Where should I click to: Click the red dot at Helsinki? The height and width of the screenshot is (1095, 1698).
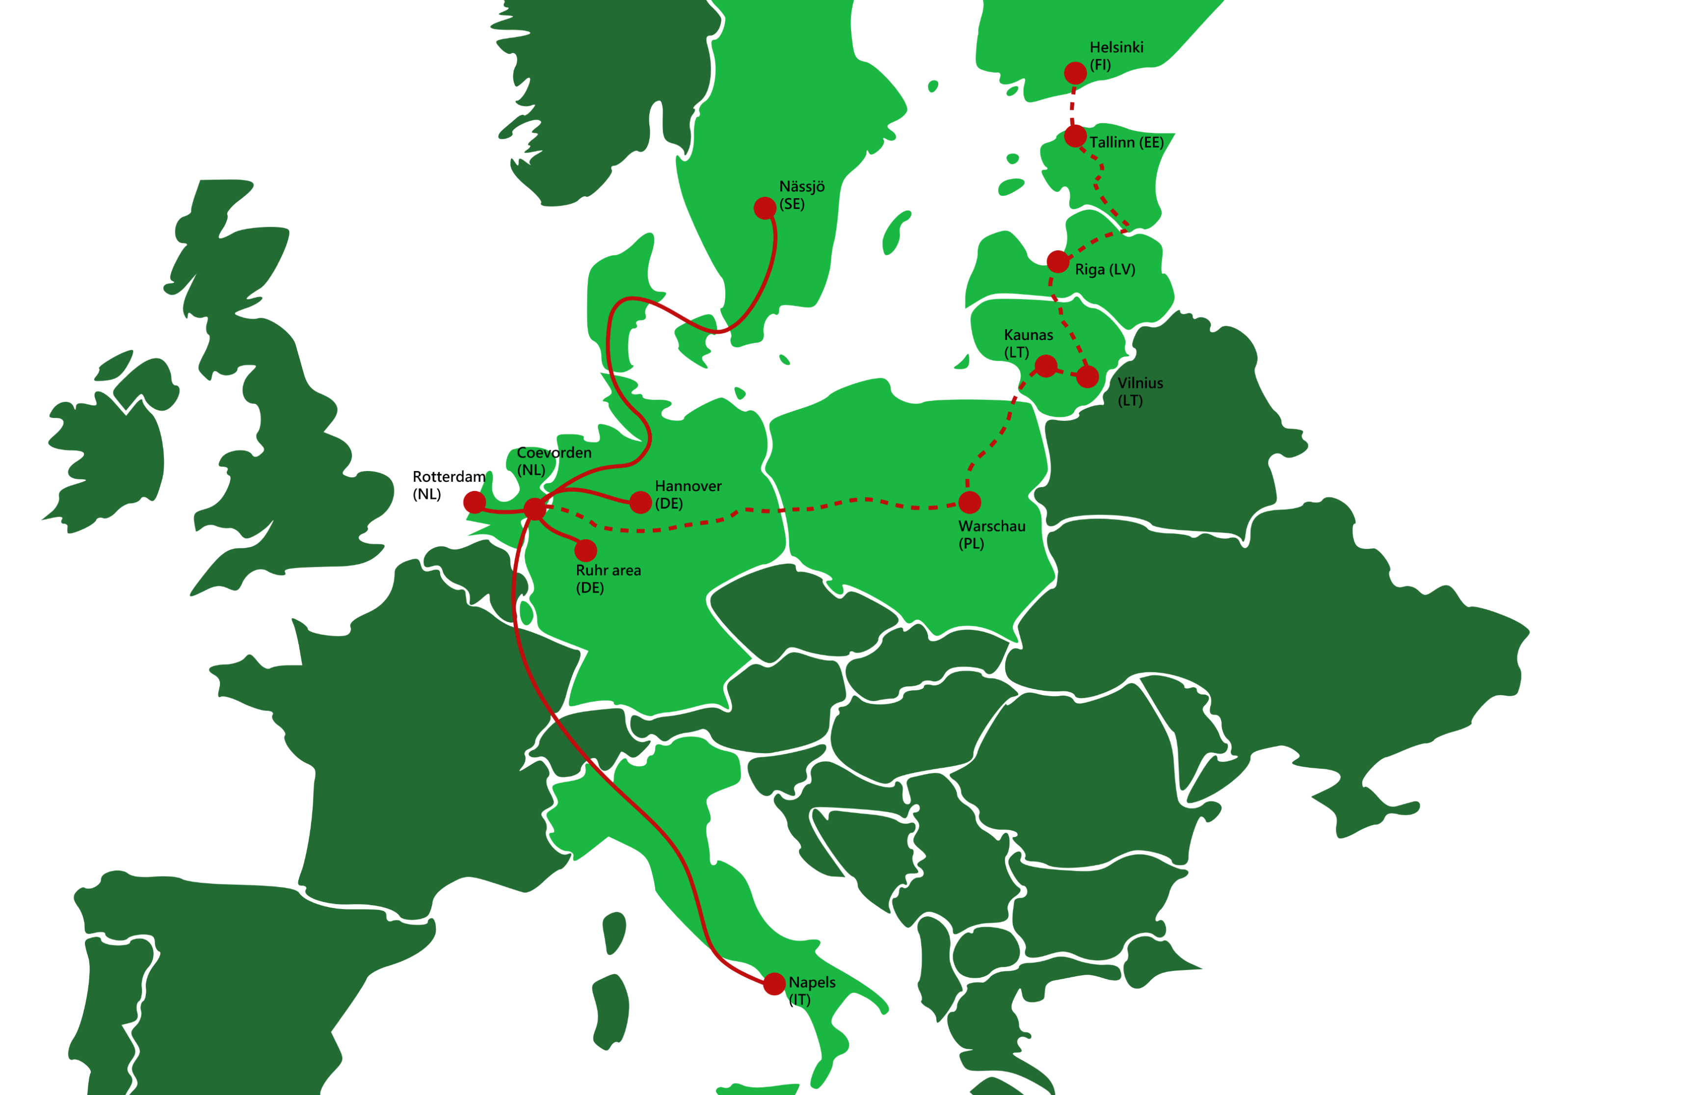(1075, 73)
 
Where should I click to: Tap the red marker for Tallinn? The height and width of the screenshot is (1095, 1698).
(1075, 136)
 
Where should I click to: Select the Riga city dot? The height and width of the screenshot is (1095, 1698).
(1058, 261)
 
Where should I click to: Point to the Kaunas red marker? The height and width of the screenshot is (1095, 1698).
(1045, 366)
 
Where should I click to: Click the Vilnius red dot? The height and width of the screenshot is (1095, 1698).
(1087, 377)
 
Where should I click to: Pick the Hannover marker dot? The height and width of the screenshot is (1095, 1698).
(640, 503)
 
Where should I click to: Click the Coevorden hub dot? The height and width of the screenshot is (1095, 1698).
(535, 508)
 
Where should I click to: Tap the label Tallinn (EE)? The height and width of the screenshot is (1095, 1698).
(1126, 143)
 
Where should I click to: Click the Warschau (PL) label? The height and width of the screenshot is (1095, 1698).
(992, 535)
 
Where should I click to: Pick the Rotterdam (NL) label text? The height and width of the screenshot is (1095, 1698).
(449, 485)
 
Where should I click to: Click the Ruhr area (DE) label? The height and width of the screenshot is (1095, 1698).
(608, 579)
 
